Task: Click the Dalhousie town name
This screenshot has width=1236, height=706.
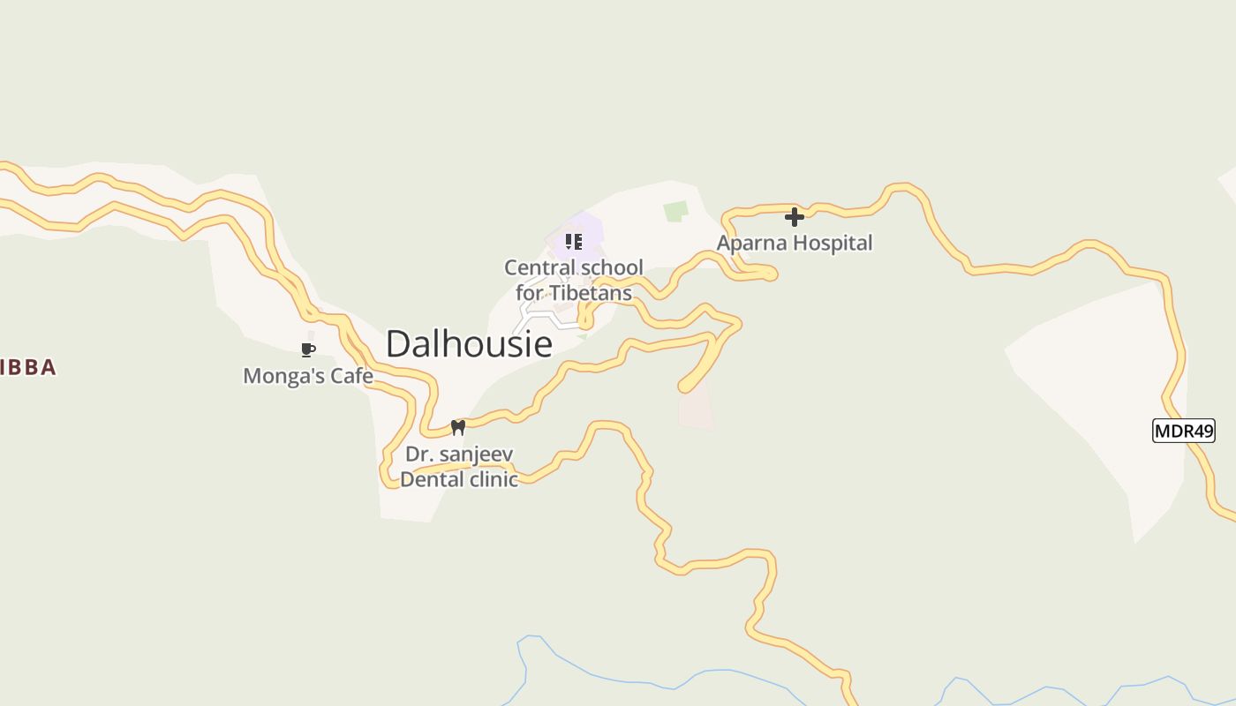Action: pyautogui.click(x=469, y=343)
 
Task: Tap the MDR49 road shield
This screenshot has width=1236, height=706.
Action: pyautogui.click(x=1184, y=431)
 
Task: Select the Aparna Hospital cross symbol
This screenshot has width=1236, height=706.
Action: pyautogui.click(x=795, y=216)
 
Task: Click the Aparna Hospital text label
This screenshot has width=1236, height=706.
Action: pyautogui.click(x=795, y=243)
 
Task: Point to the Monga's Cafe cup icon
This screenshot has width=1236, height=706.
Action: pyautogui.click(x=307, y=350)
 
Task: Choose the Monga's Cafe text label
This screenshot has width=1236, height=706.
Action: pyautogui.click(x=307, y=376)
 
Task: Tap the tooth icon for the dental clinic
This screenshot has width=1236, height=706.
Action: pyautogui.click(x=457, y=428)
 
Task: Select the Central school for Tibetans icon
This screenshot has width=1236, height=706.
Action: pyautogui.click(x=574, y=241)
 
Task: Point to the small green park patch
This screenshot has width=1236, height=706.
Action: pyautogui.click(x=676, y=211)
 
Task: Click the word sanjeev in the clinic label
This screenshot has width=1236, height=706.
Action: pyautogui.click(x=478, y=454)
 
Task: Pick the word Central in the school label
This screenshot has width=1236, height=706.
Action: pyautogui.click(x=538, y=267)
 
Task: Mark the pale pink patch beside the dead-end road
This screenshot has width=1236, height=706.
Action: pyautogui.click(x=695, y=410)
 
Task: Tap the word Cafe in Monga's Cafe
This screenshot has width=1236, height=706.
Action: pyautogui.click(x=351, y=376)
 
